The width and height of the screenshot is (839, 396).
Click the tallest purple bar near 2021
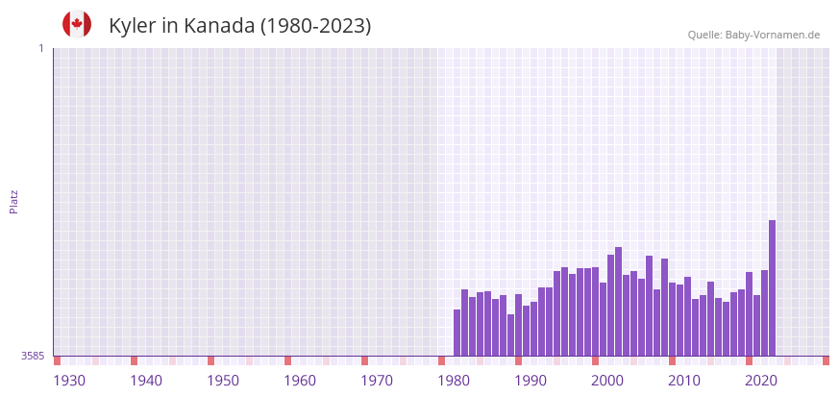tap(772, 287)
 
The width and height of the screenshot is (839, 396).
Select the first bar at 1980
tap(457, 333)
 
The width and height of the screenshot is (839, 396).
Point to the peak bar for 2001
tap(618, 301)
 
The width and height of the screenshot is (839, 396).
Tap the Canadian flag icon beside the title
tap(77, 24)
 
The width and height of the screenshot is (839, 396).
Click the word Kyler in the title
tap(132, 26)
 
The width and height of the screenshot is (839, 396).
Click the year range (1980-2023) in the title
tap(315, 26)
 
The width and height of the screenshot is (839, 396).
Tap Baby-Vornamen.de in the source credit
tap(773, 35)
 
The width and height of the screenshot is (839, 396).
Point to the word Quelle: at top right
tap(704, 35)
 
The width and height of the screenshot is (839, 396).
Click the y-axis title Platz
tap(13, 201)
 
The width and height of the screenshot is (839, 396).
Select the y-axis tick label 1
tap(40, 48)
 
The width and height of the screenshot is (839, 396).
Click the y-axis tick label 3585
tap(33, 356)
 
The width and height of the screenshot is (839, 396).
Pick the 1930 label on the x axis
tap(69, 381)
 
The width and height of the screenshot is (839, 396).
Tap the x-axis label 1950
tap(223, 381)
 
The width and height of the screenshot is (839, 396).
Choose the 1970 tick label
tap(377, 381)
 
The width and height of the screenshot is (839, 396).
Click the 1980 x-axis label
tap(454, 381)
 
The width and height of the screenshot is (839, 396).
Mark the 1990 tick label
tap(531, 381)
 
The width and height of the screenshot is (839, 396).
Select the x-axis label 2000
tap(607, 381)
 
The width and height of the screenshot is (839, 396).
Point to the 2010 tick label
tap(684, 381)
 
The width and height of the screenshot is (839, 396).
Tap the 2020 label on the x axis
tap(761, 381)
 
